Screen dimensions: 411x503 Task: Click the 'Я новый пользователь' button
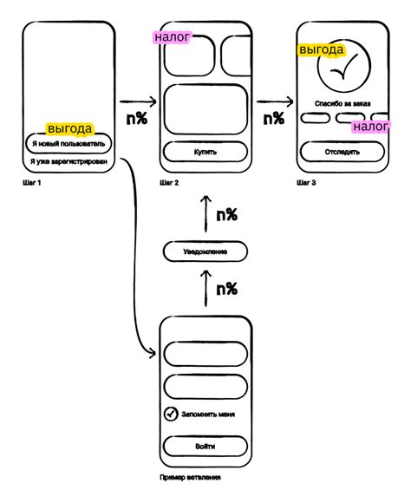[x=68, y=143]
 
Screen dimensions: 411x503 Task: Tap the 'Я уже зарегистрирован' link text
[x=68, y=161]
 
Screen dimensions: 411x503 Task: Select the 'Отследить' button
[x=342, y=152]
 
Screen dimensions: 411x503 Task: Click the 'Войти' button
[x=205, y=447]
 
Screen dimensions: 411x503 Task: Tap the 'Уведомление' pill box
[x=205, y=251]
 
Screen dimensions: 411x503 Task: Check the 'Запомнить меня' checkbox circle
[x=171, y=414]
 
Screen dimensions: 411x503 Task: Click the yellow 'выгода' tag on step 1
[x=70, y=129]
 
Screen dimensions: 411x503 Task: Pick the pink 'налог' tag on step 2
[x=172, y=37]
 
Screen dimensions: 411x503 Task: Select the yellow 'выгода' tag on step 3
[x=322, y=49]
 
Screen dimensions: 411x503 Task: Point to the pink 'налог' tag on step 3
[x=371, y=127]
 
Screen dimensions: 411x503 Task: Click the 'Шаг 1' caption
[x=32, y=183]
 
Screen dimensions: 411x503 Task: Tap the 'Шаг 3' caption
[x=306, y=183]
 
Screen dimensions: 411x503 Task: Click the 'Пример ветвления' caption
[x=190, y=477]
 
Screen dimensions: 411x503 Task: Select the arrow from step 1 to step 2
[x=138, y=102]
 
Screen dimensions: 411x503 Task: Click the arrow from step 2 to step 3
[x=275, y=102]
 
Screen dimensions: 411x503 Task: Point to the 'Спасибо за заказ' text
[x=342, y=103]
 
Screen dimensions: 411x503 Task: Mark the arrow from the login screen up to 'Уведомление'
[x=205, y=289]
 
